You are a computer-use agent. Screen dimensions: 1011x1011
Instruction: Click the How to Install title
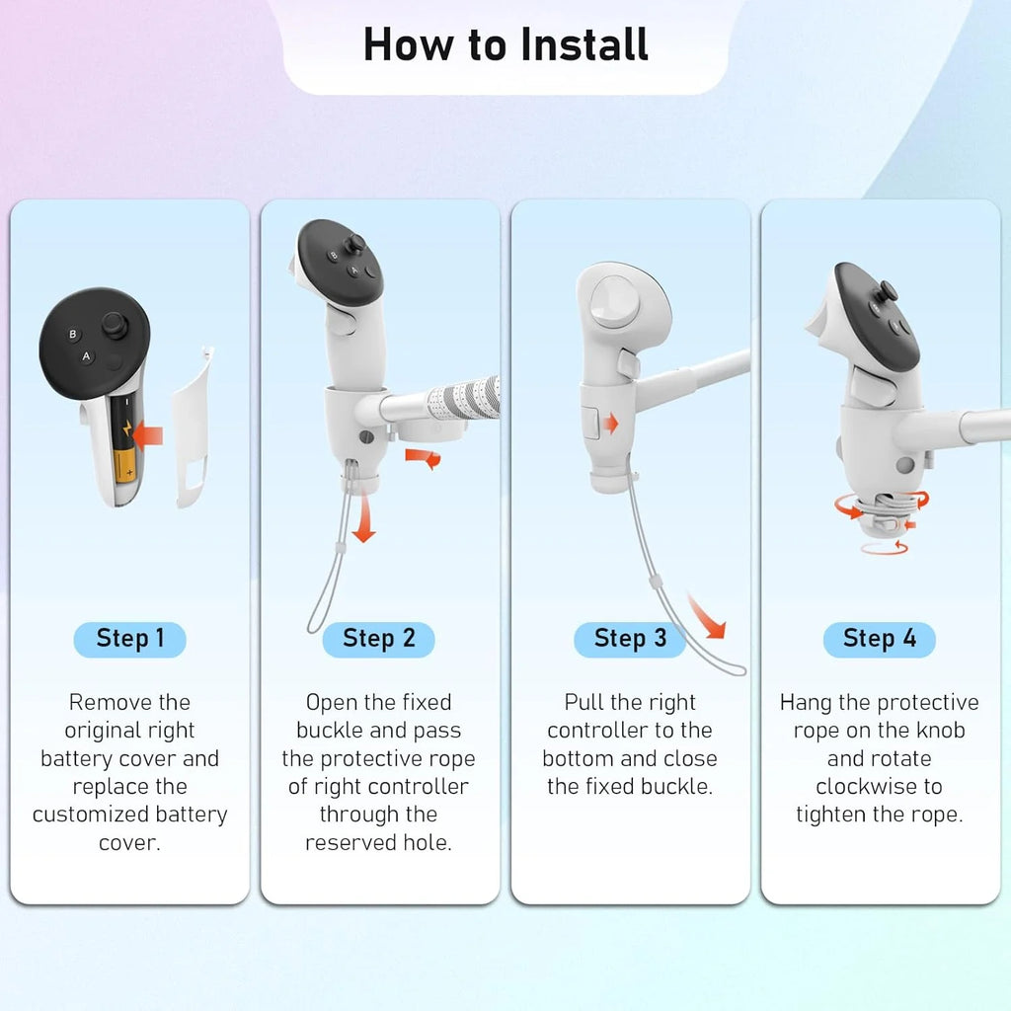coord(505,45)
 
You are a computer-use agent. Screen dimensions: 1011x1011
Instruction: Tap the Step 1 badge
coord(130,639)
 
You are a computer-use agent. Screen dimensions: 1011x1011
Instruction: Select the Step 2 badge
coord(379,639)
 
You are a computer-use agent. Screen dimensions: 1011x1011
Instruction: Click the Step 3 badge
coord(630,639)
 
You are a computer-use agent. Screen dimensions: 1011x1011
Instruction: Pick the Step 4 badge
coord(879,639)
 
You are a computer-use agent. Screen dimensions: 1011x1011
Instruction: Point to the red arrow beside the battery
coord(150,432)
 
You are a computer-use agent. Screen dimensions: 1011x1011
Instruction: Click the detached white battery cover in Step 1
coord(193,425)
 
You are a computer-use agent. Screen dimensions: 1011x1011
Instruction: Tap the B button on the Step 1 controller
coord(72,335)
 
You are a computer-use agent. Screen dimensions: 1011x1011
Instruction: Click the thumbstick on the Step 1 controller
coord(116,323)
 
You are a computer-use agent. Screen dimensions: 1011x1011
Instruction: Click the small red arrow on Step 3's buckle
coord(611,425)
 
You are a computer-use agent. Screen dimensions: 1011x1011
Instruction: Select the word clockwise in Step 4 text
coord(879,787)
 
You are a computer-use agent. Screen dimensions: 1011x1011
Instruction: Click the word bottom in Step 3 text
coord(581,759)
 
